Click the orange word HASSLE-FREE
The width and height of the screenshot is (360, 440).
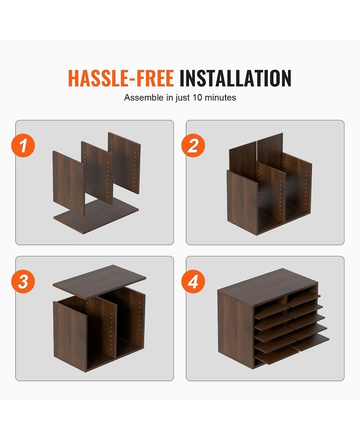point(121,78)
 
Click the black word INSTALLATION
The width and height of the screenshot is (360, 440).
point(235,78)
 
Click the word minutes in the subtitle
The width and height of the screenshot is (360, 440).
point(220,97)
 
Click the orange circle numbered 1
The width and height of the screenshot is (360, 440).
point(23,145)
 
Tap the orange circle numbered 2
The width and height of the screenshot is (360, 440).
point(193,145)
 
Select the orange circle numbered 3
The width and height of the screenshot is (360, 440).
point(23,281)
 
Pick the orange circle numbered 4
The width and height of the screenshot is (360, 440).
point(193,281)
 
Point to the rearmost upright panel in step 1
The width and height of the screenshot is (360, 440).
point(125,163)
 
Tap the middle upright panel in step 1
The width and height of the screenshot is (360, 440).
point(97,172)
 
